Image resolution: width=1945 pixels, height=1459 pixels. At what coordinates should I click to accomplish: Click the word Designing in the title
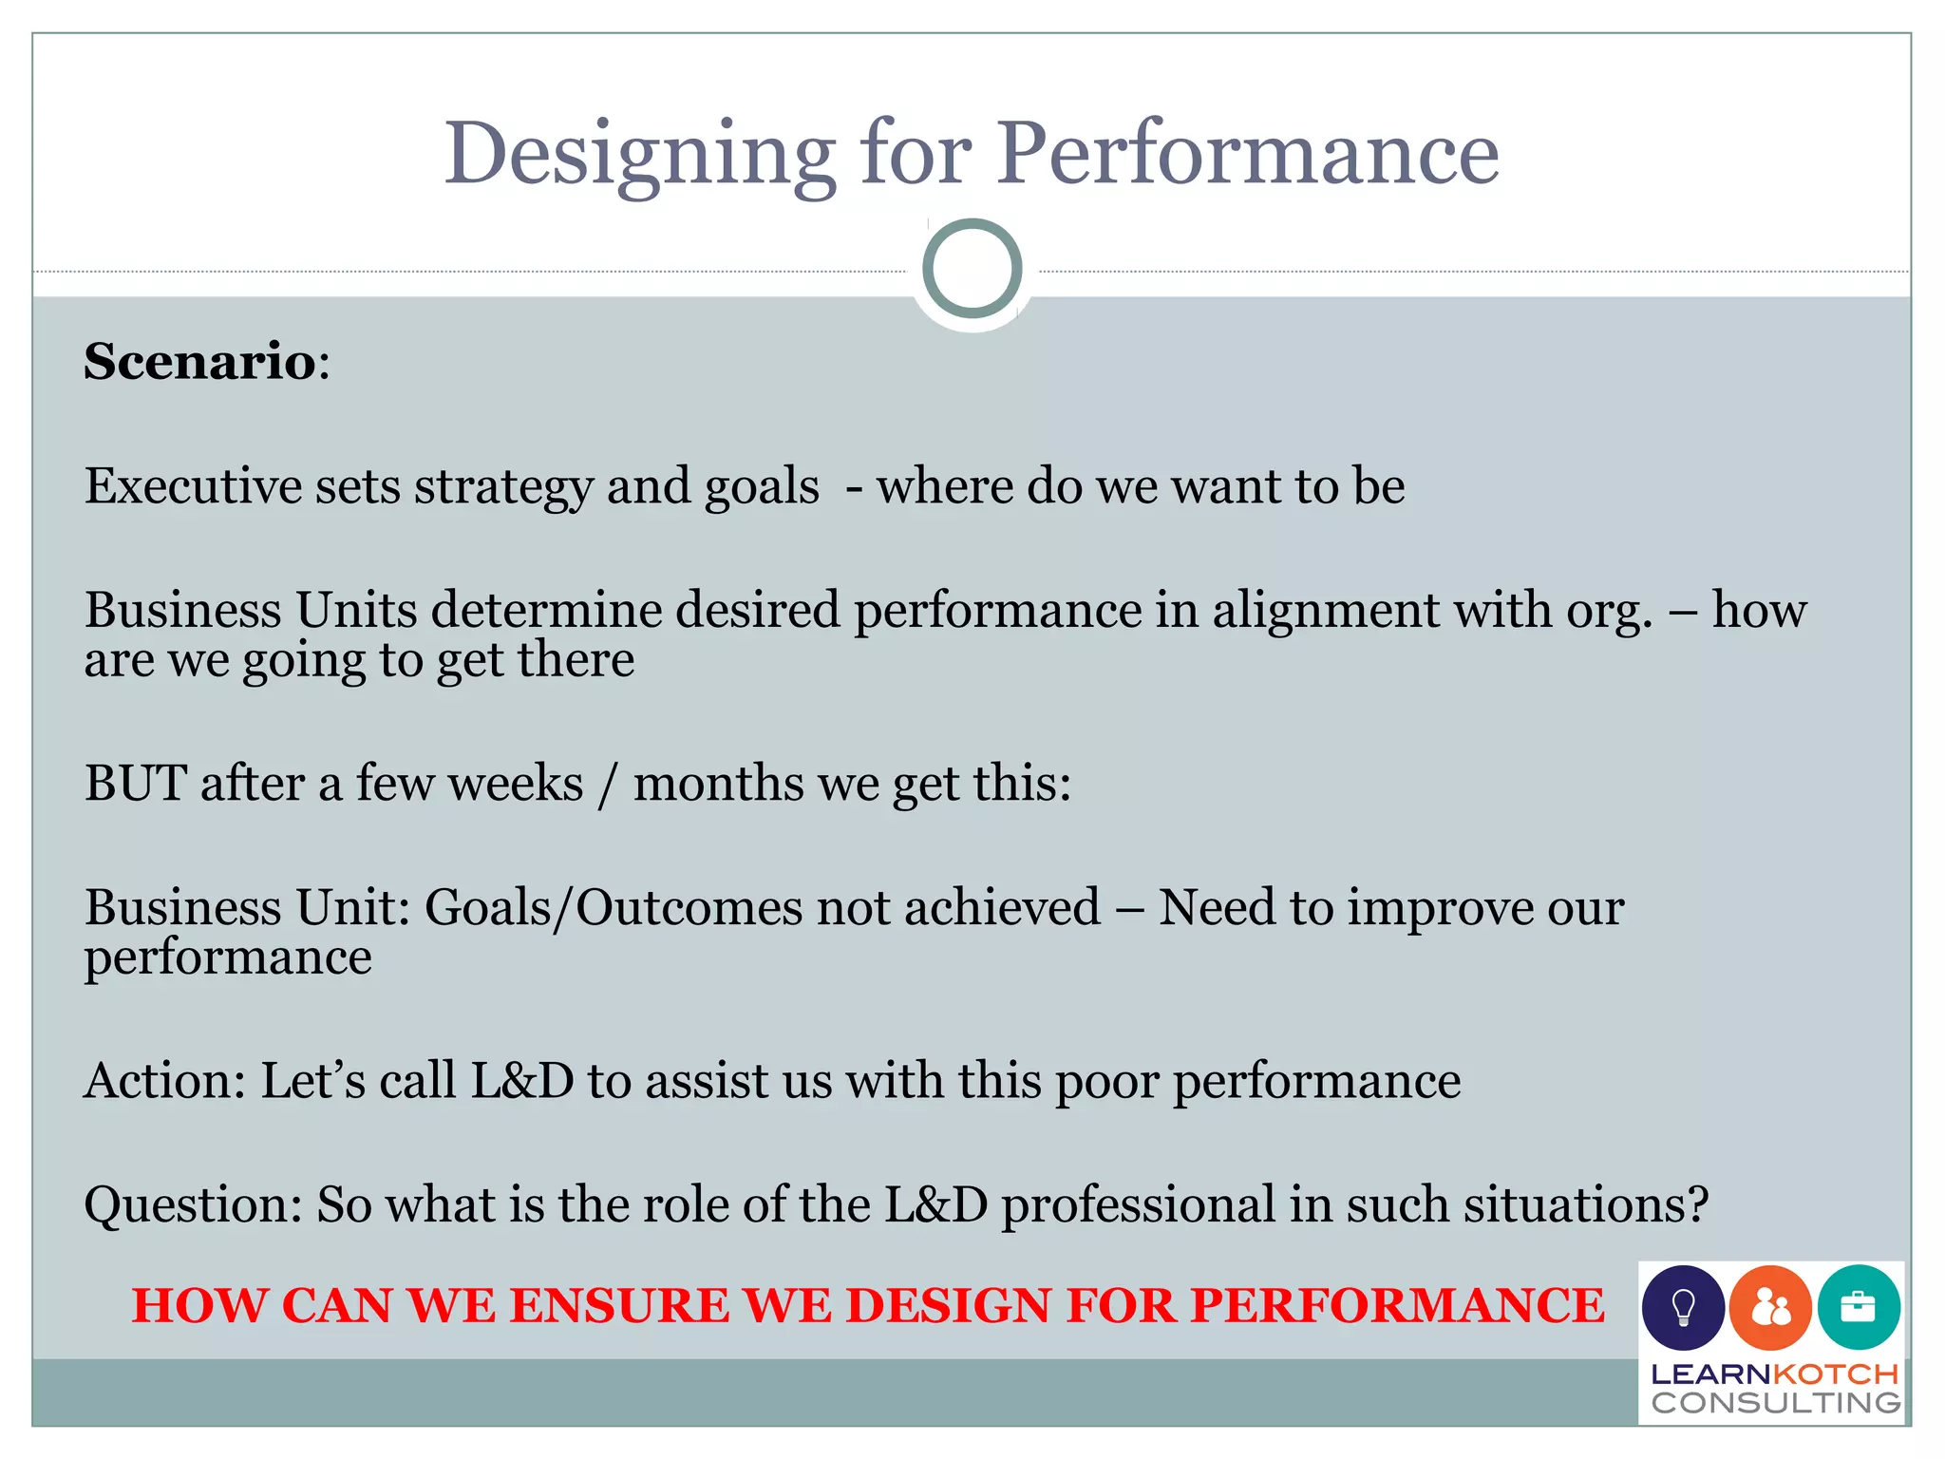pos(640,154)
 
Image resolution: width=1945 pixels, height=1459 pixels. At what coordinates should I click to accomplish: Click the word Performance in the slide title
pos(1247,154)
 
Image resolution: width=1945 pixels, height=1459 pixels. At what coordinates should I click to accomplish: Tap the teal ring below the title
pos(972,269)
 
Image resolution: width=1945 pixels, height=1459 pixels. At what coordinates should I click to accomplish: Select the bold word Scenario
pos(199,362)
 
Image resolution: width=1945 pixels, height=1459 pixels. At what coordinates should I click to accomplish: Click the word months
pos(718,785)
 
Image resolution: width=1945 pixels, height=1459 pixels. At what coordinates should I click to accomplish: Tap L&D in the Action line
pos(522,1081)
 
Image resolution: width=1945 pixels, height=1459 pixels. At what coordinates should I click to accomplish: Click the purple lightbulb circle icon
pos(1683,1307)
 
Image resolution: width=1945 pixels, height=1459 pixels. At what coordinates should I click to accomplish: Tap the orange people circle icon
pos(1770,1308)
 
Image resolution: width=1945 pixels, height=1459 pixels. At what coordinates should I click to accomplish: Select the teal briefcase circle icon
pos(1859,1307)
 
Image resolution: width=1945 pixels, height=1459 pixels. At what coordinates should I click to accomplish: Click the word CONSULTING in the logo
pos(1775,1403)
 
